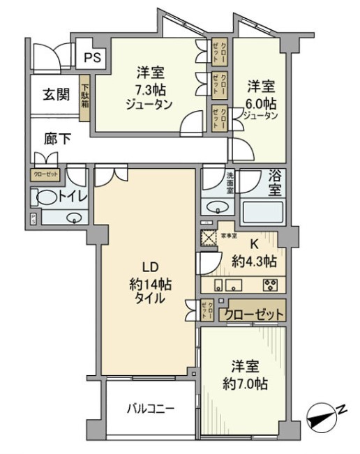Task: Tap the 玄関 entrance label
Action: (57, 94)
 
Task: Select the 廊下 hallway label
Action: (57, 138)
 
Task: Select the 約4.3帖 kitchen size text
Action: (255, 262)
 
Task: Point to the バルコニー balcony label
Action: (150, 408)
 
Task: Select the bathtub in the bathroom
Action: (264, 211)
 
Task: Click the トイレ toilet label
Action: (73, 197)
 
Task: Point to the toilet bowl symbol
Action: (45, 198)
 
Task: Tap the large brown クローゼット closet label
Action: (253, 315)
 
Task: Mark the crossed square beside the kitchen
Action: (209, 236)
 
